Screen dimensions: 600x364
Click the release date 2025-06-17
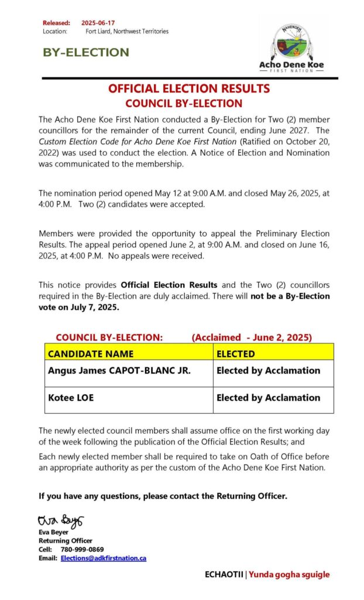98,22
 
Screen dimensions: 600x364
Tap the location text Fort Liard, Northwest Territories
127,31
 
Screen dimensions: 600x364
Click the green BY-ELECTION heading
85,52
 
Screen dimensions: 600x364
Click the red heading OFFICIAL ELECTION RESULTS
188,89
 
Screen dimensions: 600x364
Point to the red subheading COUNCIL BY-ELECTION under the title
184,104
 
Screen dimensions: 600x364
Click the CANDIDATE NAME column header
91,354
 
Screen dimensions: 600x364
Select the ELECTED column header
236,354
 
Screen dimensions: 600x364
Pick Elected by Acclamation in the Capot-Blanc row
268,370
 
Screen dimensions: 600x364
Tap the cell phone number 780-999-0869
82,550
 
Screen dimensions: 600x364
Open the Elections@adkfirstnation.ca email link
104,558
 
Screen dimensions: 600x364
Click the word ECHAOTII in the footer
224,575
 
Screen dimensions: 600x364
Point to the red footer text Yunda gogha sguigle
289,575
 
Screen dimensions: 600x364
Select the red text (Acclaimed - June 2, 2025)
252,337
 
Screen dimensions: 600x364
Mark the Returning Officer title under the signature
66,541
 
